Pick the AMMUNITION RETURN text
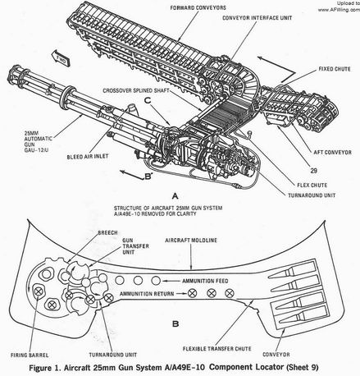146,291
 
